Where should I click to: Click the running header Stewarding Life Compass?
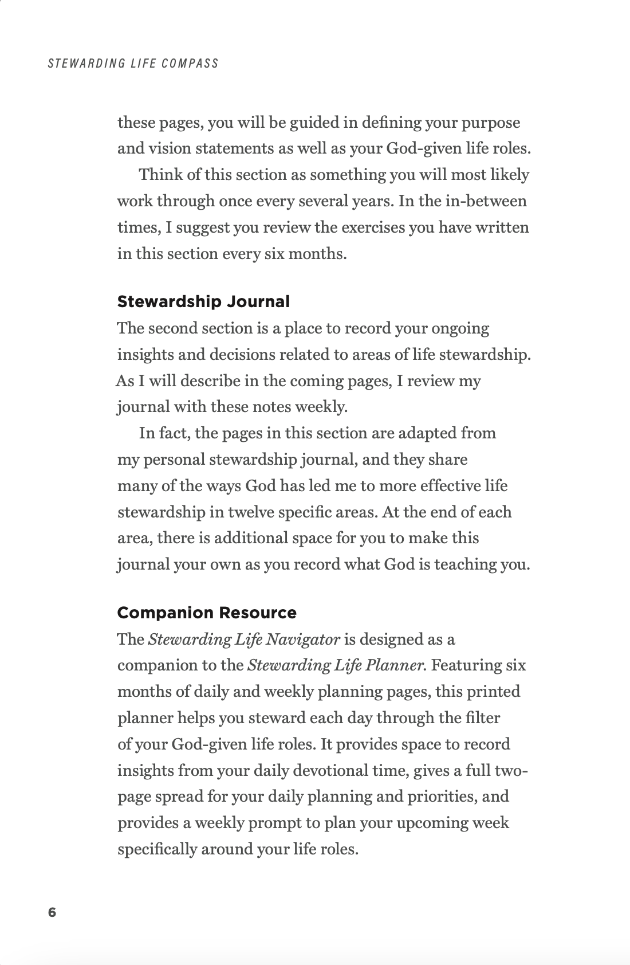[133, 63]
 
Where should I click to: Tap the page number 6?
[52, 912]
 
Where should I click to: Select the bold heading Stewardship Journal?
[203, 301]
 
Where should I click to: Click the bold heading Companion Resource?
[207, 613]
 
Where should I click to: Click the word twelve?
[251, 512]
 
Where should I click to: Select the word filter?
[479, 717]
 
